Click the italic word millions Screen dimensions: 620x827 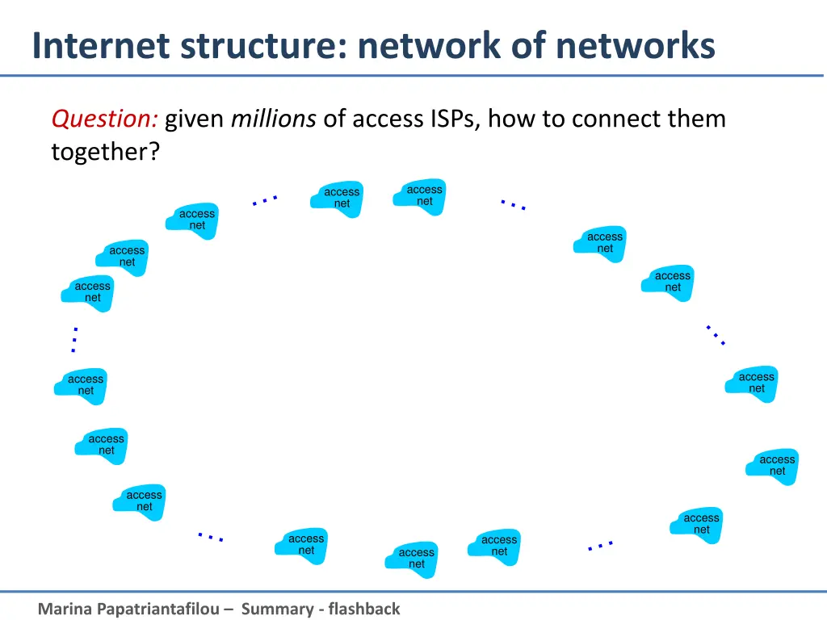point(273,119)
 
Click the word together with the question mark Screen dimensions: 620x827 point(106,151)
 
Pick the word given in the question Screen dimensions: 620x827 point(195,119)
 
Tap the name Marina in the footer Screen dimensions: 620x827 point(65,609)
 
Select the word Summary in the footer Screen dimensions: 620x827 point(279,609)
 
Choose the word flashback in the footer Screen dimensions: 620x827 point(363,609)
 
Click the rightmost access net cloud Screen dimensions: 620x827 point(776,466)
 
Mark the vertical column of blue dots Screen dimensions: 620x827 point(74,340)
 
